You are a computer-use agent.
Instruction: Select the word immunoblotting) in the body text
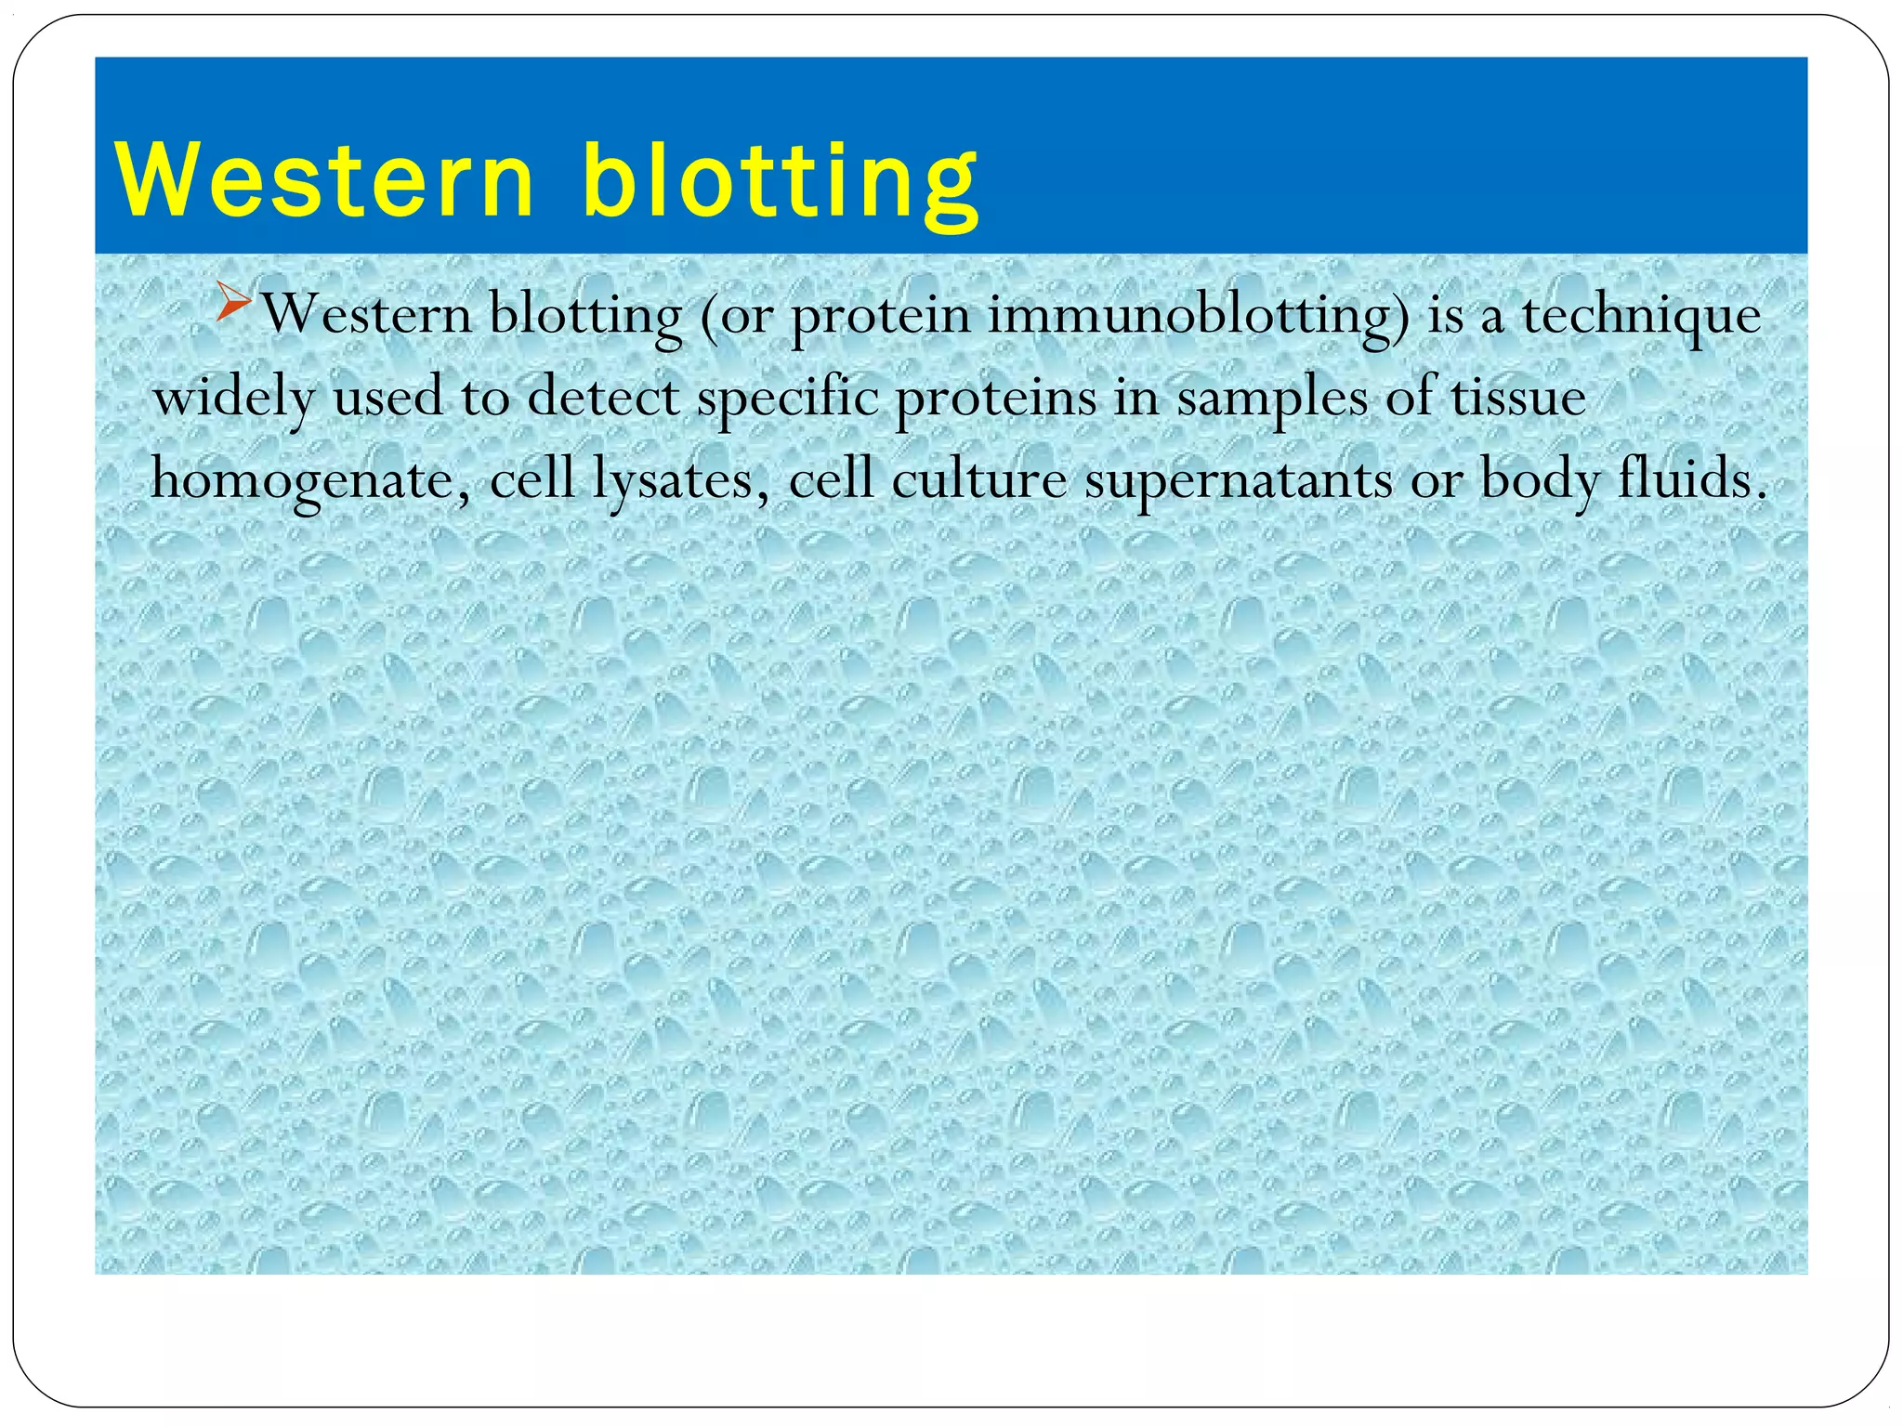click(1199, 316)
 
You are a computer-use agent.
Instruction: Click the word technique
click(1640, 316)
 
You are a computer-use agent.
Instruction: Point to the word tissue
click(1518, 398)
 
